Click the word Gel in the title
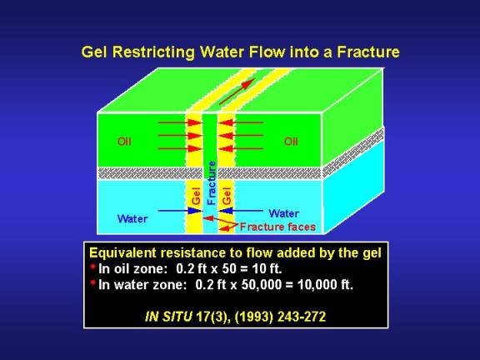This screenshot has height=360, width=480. [94, 52]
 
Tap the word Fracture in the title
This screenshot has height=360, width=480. [368, 52]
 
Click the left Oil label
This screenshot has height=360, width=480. [124, 142]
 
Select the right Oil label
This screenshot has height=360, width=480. [291, 142]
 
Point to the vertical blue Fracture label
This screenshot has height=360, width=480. [212, 182]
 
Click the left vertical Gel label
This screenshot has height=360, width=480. [196, 196]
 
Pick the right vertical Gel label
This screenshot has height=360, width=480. [227, 196]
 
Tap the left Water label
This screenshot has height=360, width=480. [132, 218]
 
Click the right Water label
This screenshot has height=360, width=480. [284, 213]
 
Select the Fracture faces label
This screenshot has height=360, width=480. [277, 227]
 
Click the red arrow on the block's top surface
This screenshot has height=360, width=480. [237, 91]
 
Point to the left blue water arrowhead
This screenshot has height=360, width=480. [195, 211]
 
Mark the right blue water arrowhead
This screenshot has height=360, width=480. [226, 211]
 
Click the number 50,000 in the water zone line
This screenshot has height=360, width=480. [261, 285]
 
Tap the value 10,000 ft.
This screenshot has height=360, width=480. [325, 285]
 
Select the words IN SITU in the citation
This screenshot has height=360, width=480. [168, 317]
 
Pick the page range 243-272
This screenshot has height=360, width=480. [302, 317]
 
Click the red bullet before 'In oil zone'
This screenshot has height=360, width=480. [93, 267]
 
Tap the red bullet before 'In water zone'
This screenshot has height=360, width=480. [93, 283]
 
